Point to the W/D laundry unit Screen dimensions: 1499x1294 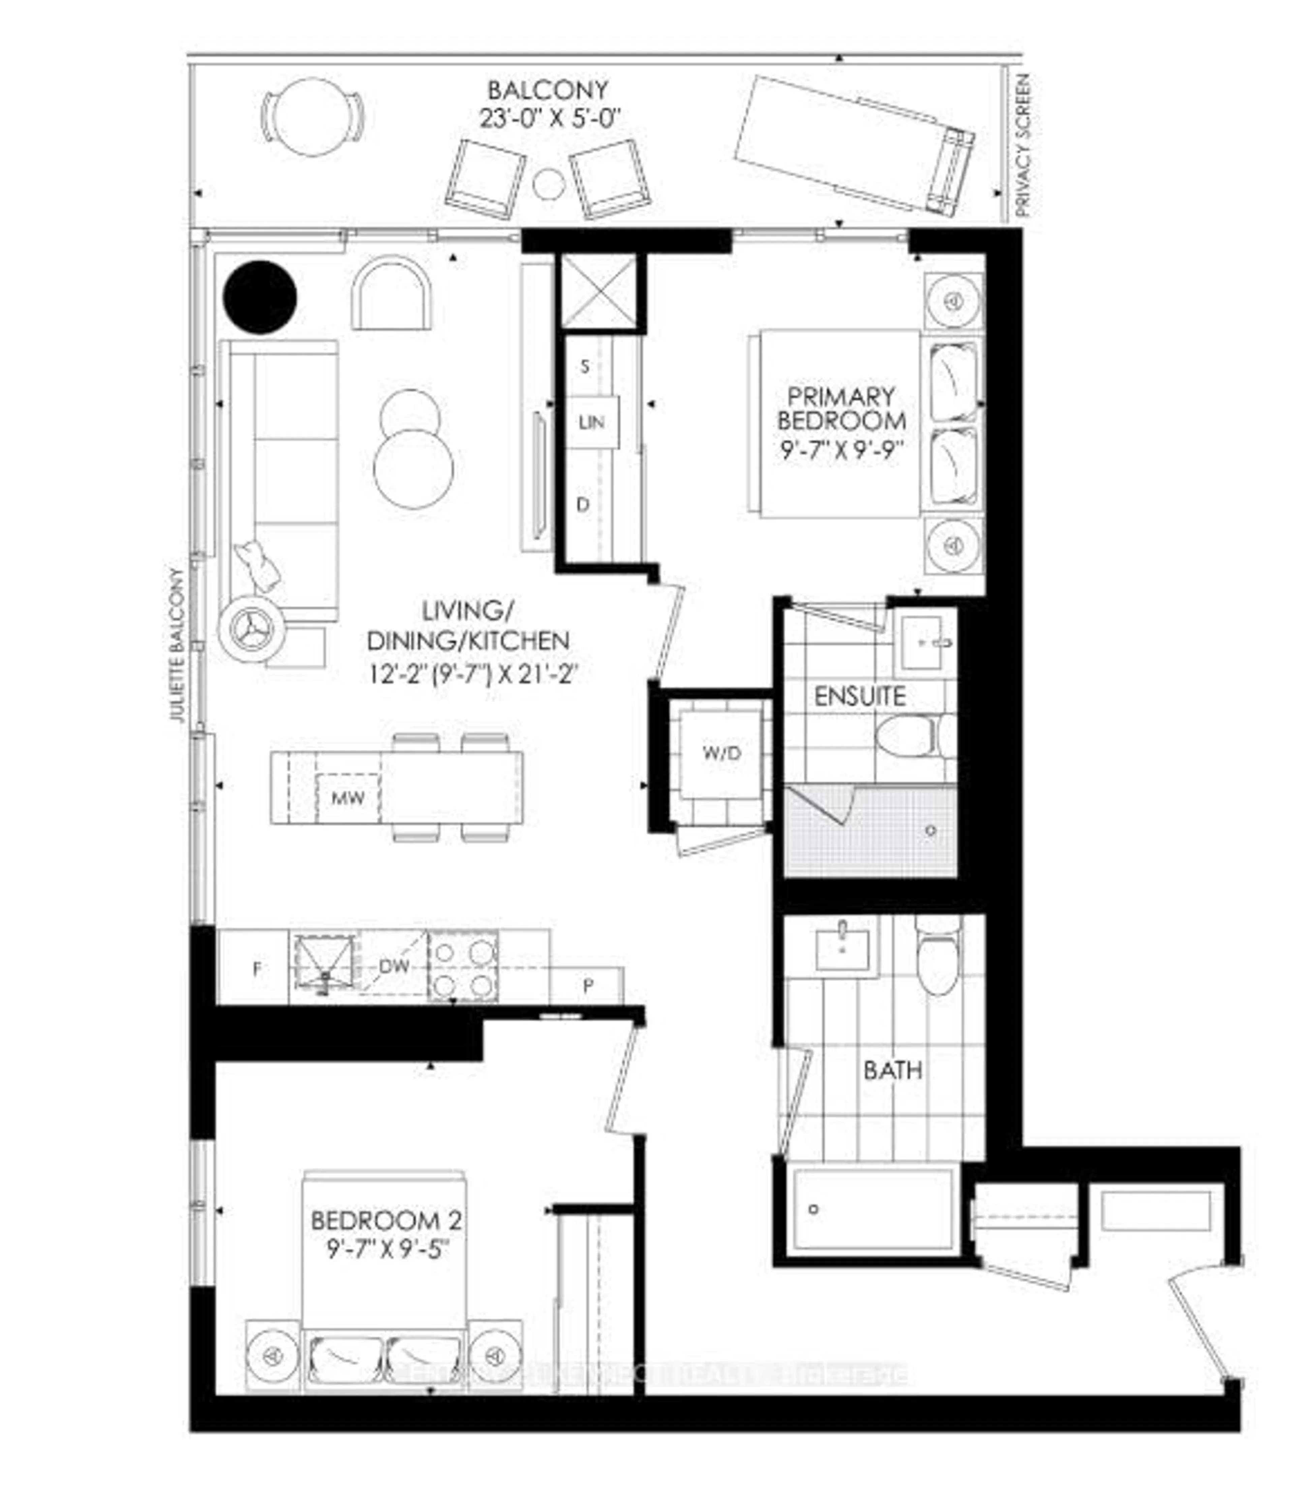pos(721,753)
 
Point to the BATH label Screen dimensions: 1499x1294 pos(893,1069)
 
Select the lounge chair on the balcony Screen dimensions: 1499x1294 pos(854,145)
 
